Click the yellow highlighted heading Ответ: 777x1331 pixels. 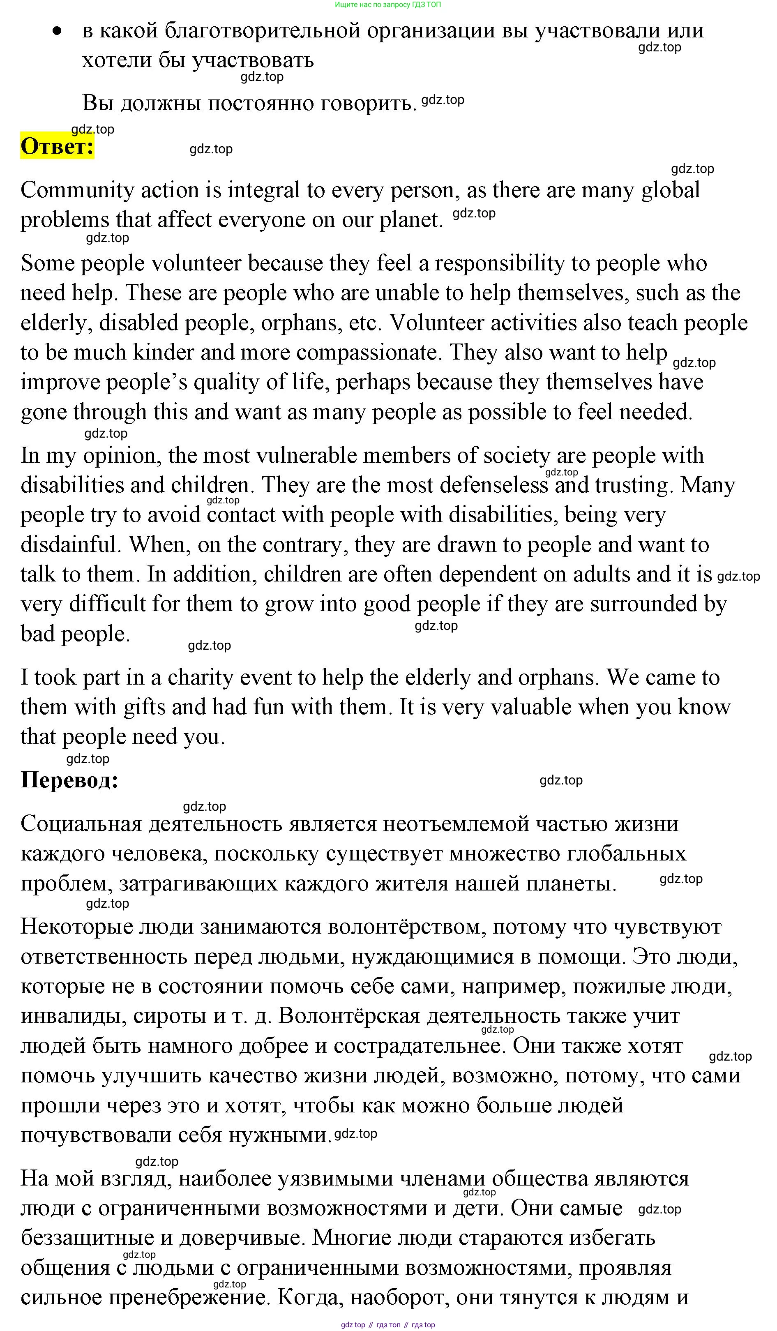coord(57,146)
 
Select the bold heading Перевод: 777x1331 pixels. coord(69,780)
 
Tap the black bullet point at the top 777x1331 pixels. coord(57,31)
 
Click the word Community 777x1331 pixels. coord(77,190)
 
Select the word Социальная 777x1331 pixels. coord(81,824)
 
